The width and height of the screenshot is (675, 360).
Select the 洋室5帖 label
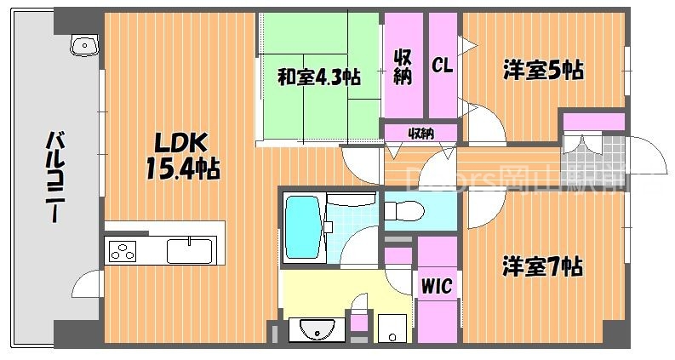541,71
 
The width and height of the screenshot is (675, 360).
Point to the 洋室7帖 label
541,267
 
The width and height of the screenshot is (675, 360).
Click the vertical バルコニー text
57,177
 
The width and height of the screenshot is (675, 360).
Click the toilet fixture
403,209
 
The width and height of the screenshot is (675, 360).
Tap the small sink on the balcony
84,45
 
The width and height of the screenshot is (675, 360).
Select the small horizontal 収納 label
420,133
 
